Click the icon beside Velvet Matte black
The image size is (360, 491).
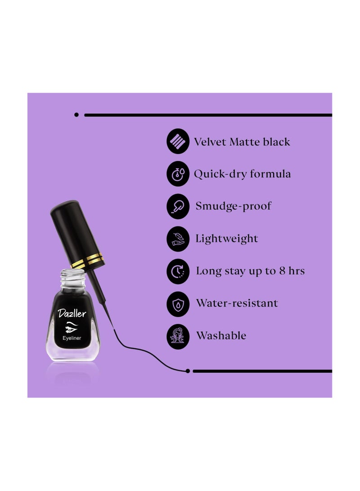pos(178,142)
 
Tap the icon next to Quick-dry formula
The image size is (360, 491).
pos(178,174)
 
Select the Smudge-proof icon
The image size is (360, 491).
pos(178,207)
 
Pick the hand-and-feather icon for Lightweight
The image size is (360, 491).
pos(178,239)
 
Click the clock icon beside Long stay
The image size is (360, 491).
pos(178,271)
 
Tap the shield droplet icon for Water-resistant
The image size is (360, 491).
pos(178,303)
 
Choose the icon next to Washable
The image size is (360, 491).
pos(178,336)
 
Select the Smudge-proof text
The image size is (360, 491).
pos(233,207)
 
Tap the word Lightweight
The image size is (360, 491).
pos(227,239)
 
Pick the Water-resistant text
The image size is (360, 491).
pos(237,303)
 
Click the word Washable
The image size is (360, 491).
pos(221,336)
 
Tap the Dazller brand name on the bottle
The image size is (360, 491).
pos(72,313)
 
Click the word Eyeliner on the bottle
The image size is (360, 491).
pos(72,338)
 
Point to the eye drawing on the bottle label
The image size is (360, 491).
pos(72,326)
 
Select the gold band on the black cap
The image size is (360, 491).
pos(89,260)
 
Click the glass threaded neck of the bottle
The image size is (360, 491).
pos(72,276)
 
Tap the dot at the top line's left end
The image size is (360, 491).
pos(76,115)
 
